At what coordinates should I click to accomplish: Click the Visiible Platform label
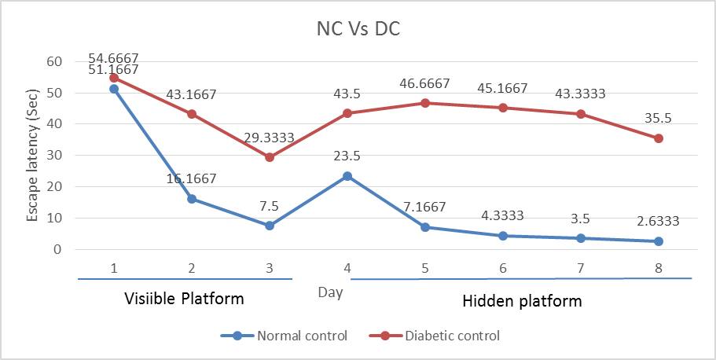click(x=185, y=299)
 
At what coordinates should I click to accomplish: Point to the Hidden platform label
click(x=522, y=300)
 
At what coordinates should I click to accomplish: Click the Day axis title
click(x=330, y=292)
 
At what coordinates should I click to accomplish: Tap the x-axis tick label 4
click(x=347, y=267)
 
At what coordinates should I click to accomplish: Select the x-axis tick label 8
click(x=659, y=267)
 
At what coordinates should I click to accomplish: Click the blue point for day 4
click(x=347, y=176)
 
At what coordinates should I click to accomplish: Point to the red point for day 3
click(x=270, y=157)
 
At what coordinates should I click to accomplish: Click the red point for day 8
click(x=659, y=138)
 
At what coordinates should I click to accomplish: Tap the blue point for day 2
click(x=192, y=199)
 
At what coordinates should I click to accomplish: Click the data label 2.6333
click(x=659, y=222)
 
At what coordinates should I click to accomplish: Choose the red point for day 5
click(x=424, y=103)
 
